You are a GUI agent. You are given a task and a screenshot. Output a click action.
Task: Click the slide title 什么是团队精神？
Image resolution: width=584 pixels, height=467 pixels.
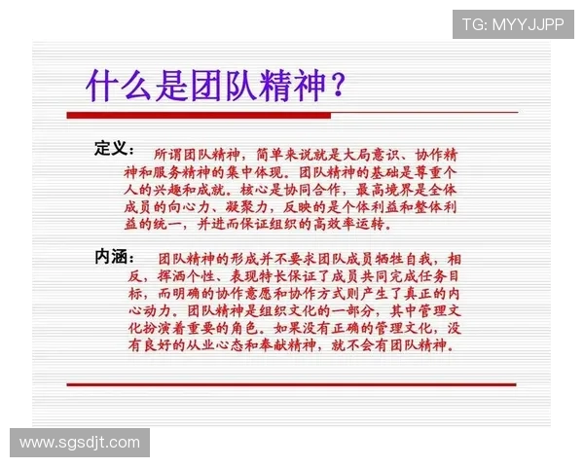214,86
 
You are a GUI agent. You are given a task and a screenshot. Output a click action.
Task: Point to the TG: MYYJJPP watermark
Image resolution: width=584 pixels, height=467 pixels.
512,24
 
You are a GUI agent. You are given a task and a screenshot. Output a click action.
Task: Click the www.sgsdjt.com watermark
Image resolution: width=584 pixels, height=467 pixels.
80,443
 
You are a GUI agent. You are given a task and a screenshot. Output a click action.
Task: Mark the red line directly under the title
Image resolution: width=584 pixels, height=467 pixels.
292,115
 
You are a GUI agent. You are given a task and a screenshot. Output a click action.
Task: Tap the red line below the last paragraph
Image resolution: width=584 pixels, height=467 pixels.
292,384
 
